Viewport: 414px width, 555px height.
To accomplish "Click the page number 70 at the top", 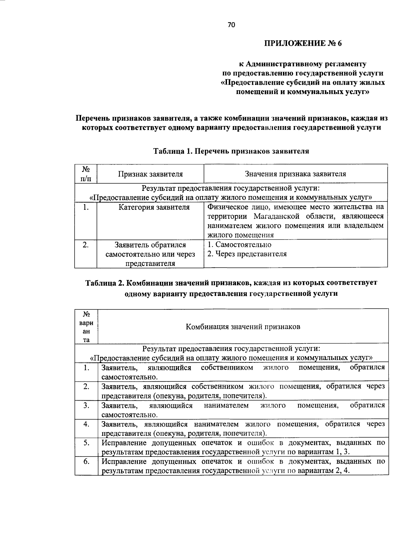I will (231, 24).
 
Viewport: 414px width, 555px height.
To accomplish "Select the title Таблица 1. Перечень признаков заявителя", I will (231, 151).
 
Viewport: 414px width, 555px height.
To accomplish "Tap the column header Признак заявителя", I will (150, 174).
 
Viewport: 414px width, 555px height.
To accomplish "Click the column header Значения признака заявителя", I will (295, 174).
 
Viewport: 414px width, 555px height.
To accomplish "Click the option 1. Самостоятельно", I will (239, 245).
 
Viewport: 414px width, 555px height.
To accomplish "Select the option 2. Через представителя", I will (247, 254).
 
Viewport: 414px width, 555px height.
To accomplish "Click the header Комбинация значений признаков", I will (243, 327).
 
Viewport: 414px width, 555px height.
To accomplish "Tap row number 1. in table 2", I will (86, 368).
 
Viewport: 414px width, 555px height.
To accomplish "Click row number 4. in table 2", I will (86, 424).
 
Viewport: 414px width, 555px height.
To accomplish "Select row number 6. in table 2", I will (86, 462).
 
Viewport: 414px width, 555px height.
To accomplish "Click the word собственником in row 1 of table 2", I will (227, 368).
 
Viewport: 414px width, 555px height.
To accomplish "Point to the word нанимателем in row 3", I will (226, 405).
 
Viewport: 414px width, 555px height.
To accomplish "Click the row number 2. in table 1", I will (86, 245).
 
